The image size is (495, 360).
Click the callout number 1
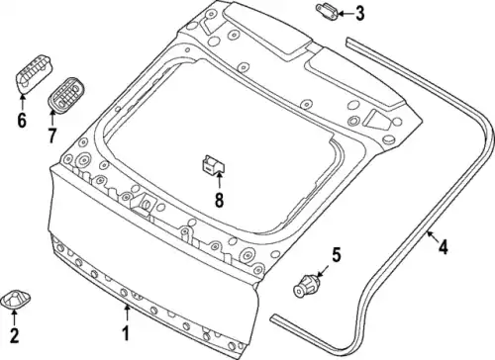(126, 333)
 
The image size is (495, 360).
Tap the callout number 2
(14, 335)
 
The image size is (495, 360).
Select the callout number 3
(359, 14)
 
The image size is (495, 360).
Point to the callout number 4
(444, 247)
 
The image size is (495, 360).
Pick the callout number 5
(336, 255)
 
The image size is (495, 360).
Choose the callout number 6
(22, 120)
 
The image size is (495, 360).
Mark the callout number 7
(51, 135)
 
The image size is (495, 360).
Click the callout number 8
(219, 200)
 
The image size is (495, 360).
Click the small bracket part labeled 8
(213, 164)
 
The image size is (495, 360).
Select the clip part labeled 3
(327, 12)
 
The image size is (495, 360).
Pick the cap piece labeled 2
(16, 299)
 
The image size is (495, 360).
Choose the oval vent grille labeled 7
(66, 95)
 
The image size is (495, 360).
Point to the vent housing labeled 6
(34, 74)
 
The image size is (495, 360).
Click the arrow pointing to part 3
(346, 14)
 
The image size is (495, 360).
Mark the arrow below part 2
(14, 317)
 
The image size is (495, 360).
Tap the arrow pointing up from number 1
(127, 314)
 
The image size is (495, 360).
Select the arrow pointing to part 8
(219, 181)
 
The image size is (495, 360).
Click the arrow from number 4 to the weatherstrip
(432, 236)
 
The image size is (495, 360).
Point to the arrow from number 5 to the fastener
(323, 271)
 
